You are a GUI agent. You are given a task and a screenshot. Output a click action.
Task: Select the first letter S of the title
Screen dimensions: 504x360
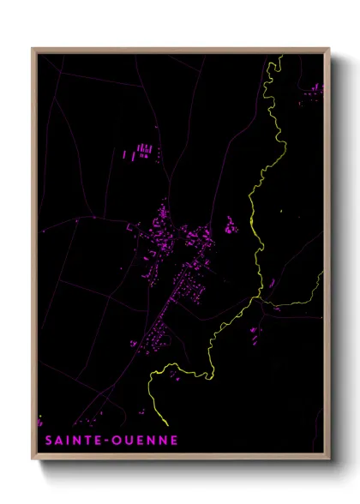(x=43, y=441)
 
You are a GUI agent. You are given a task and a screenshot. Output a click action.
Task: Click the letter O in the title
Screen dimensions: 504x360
(x=116, y=441)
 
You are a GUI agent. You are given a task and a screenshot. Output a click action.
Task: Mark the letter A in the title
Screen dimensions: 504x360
(x=53, y=441)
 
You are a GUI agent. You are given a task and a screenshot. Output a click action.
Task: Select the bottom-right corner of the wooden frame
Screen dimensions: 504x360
(x=330, y=457)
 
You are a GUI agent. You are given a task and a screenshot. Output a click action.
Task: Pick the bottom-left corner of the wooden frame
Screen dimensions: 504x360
(x=33, y=457)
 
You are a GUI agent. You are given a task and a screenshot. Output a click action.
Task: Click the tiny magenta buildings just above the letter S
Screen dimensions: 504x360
(x=39, y=423)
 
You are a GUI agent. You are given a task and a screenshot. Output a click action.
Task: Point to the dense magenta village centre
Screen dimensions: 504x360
(x=163, y=227)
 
